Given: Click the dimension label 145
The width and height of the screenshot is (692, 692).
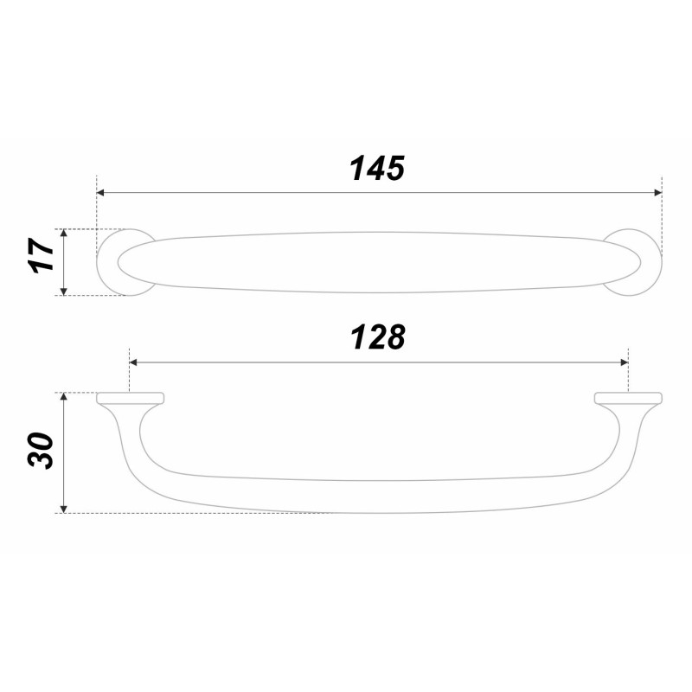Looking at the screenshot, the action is [x=377, y=168].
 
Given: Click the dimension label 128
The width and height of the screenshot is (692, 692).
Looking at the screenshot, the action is [x=378, y=337].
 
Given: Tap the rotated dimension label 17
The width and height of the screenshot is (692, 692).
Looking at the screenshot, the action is [x=41, y=255].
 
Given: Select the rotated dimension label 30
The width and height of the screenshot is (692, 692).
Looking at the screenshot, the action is [x=41, y=450].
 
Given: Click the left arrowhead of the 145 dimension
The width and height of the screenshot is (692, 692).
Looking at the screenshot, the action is [x=100, y=192].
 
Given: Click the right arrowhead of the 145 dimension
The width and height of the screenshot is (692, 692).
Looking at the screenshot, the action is [x=658, y=192].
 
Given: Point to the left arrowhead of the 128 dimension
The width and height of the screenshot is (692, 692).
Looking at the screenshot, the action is [x=133, y=362].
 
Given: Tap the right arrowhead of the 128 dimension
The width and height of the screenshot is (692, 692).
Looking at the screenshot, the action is [x=625, y=362].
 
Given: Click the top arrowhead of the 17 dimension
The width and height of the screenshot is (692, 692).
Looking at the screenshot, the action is [x=63, y=233].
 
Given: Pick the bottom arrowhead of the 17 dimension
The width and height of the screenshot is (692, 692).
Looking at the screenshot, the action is [x=63, y=292].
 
